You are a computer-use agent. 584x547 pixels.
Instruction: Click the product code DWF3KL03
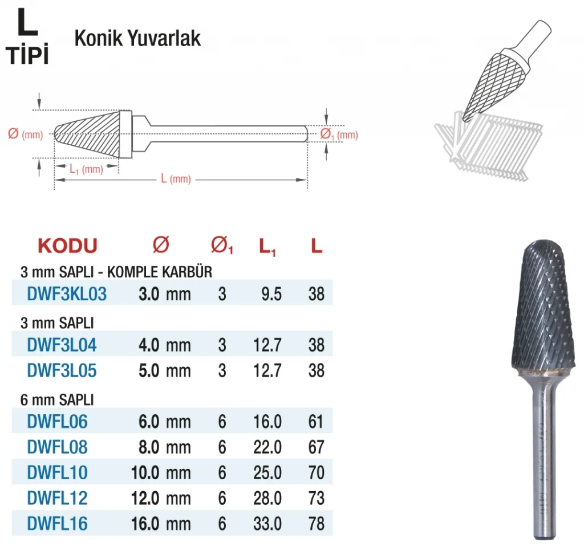pyautogui.click(x=67, y=293)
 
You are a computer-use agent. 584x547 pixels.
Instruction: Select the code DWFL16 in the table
pyautogui.click(x=57, y=524)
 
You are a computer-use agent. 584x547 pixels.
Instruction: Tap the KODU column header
pyautogui.click(x=67, y=246)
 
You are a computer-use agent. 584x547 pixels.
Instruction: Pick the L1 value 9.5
pyautogui.click(x=271, y=294)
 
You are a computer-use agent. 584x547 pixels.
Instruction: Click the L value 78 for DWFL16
pyautogui.click(x=316, y=524)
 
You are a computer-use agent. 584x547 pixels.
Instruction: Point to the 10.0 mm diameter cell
pyautogui.click(x=161, y=472)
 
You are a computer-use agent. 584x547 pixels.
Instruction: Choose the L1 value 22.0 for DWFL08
pyautogui.click(x=267, y=447)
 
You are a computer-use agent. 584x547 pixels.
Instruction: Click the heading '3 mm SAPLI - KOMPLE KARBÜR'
pyautogui.click(x=116, y=272)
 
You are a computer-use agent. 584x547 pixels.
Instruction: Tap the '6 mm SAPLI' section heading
pyautogui.click(x=57, y=400)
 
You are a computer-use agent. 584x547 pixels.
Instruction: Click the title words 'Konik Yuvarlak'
pyautogui.click(x=137, y=38)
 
